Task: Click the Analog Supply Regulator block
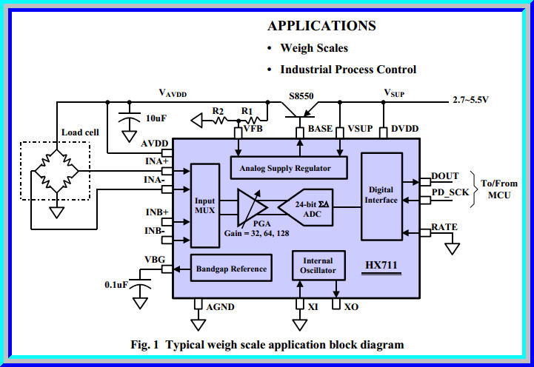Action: pos(290,168)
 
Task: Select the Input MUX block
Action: pos(204,206)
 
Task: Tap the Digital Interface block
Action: pos(381,195)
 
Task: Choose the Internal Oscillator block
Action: pos(318,266)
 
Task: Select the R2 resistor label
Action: pos(218,110)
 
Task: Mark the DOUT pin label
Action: pos(445,176)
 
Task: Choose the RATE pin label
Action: pos(444,227)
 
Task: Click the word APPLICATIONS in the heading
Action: pos(321,26)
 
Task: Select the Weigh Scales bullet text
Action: pos(314,48)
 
